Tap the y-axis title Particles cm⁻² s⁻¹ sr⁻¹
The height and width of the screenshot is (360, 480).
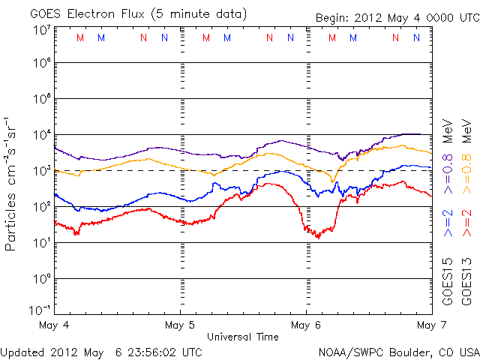coord(13,183)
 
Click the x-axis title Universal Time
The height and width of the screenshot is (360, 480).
coord(243,337)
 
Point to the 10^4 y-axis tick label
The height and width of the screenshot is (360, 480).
coord(40,135)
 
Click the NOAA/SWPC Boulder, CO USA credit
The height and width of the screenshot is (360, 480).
coord(397,352)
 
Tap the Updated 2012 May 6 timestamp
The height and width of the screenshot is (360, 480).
coord(102,352)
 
